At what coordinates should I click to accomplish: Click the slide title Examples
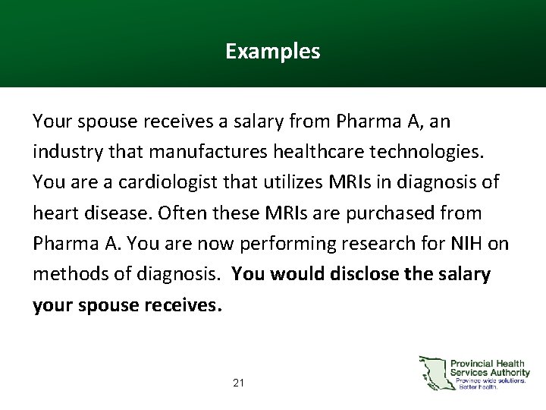(x=272, y=52)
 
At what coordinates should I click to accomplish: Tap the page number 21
(x=239, y=383)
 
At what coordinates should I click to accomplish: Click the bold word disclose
(x=365, y=274)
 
